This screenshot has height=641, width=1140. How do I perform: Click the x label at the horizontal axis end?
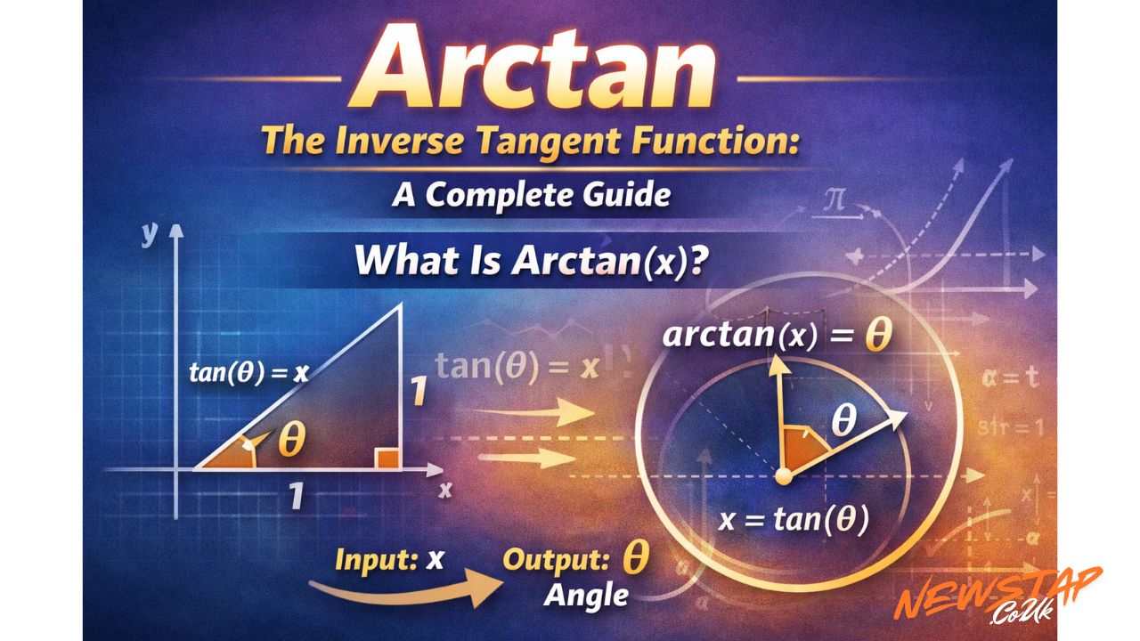[446, 489]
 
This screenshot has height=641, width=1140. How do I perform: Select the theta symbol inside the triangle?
[291, 440]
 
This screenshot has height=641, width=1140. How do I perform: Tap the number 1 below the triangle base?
[297, 496]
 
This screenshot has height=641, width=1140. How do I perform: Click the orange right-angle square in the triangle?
[386, 458]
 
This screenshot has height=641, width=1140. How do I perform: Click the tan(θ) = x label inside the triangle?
[248, 373]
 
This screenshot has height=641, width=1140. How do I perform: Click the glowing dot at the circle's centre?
[783, 477]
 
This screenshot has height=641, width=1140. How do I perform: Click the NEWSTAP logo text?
[997, 593]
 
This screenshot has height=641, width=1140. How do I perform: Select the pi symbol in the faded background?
[835, 199]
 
